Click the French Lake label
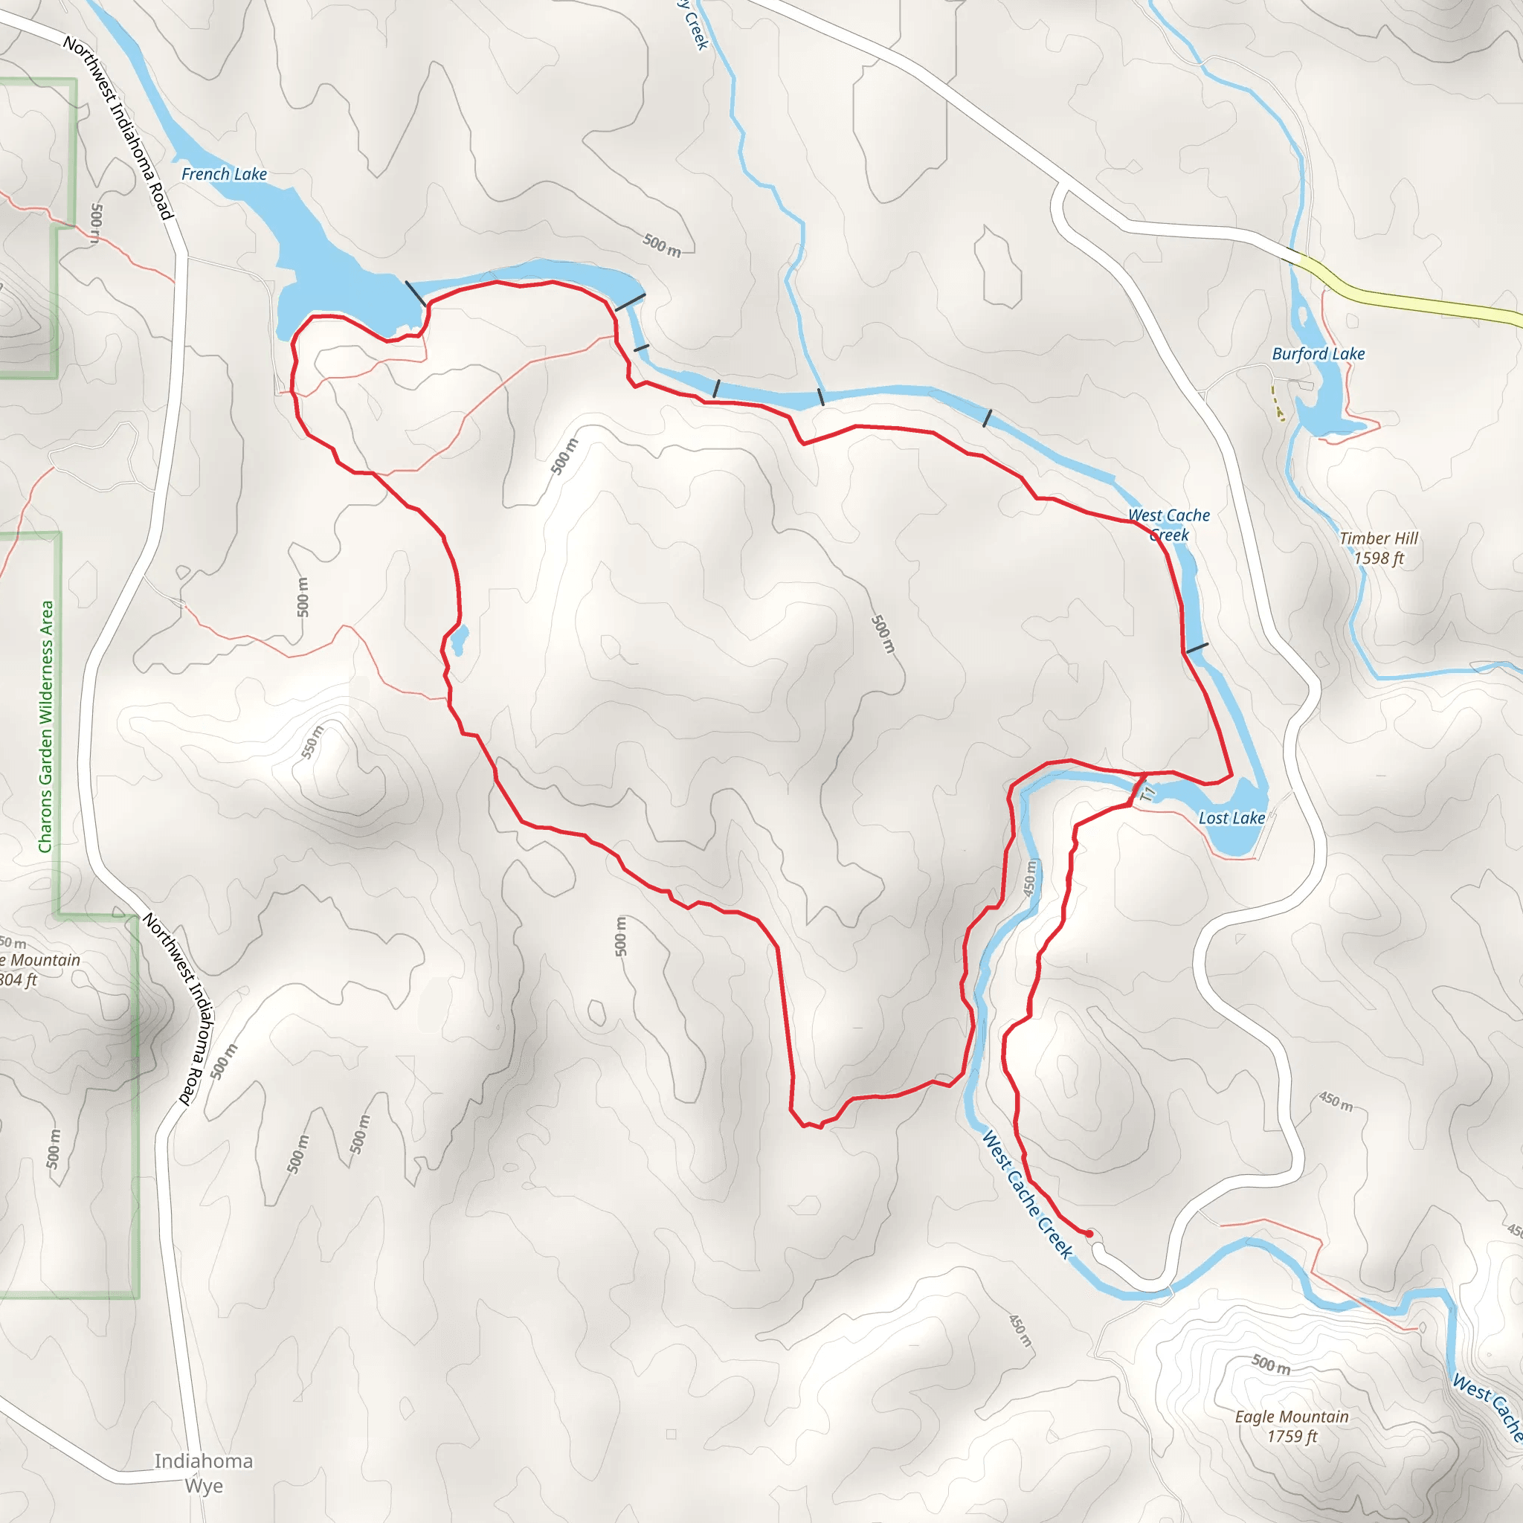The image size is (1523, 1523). (x=224, y=174)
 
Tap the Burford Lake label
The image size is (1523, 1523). (x=1318, y=354)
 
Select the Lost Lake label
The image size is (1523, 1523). (x=1231, y=818)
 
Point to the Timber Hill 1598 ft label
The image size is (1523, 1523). (x=1379, y=548)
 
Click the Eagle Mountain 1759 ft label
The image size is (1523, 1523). (x=1291, y=1426)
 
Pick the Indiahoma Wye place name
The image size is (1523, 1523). (x=203, y=1472)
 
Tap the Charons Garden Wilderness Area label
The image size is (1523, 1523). (x=47, y=726)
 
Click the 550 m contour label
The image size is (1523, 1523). (x=312, y=741)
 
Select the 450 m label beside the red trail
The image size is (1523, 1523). (x=1029, y=878)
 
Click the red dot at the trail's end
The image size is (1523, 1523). (x=1089, y=1233)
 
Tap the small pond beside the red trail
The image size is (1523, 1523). (x=459, y=640)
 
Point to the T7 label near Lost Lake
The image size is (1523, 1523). (x=1148, y=793)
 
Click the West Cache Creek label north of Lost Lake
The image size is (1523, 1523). (x=1168, y=525)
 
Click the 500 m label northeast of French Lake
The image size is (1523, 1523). (x=661, y=245)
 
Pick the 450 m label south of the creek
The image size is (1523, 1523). (x=1020, y=1330)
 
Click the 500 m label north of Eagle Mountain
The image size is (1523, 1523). (x=1271, y=1364)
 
